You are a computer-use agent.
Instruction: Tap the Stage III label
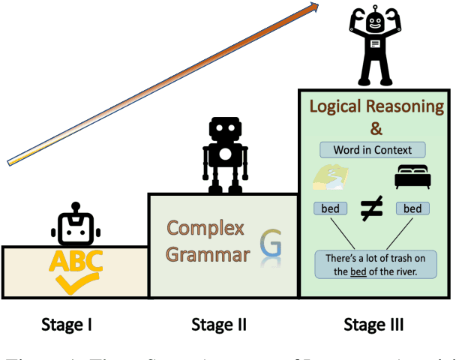click(373, 325)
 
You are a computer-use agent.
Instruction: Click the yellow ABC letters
click(75, 261)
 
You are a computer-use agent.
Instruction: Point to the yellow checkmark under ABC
click(76, 282)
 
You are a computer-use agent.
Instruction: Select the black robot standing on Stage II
click(224, 156)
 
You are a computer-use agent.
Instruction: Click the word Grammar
click(208, 254)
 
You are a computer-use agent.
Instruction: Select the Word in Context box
click(373, 148)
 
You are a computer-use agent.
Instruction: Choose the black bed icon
click(411, 178)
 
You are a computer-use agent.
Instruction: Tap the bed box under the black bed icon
click(412, 208)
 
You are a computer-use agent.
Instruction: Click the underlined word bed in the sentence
click(362, 271)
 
